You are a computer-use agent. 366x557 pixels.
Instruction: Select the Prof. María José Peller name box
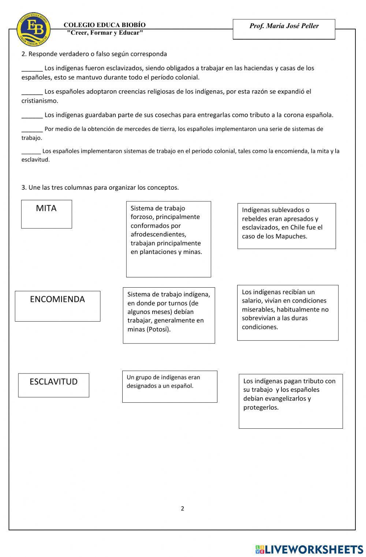(x=284, y=29)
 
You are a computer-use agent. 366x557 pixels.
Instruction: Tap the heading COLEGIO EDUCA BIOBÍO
(x=104, y=25)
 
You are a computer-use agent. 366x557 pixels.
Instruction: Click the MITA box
(x=46, y=214)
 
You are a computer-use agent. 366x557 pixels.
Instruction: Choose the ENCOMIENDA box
(x=57, y=306)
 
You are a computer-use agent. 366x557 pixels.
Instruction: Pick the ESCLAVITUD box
(x=54, y=385)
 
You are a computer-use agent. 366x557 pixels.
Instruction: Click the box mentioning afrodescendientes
(x=168, y=239)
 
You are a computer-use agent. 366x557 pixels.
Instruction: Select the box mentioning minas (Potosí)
(x=169, y=315)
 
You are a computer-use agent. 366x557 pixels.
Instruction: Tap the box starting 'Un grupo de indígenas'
(x=169, y=386)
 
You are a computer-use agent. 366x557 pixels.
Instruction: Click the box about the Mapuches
(x=287, y=226)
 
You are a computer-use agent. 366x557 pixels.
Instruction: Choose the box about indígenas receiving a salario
(x=288, y=312)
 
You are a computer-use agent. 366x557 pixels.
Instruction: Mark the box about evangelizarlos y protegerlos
(x=291, y=401)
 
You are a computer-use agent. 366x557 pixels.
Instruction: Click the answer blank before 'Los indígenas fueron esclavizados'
(x=32, y=69)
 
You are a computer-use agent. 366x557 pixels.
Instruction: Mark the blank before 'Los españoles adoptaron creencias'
(x=32, y=92)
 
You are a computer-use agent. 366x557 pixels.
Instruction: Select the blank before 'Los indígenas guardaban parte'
(x=32, y=115)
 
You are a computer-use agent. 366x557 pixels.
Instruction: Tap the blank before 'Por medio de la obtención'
(x=32, y=129)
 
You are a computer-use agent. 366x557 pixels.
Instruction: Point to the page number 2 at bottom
(x=182, y=508)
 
